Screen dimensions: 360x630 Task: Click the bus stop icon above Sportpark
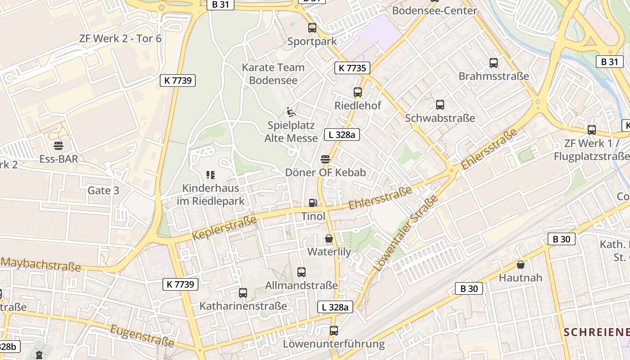(x=312, y=28)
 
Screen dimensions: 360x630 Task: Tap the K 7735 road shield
(x=352, y=68)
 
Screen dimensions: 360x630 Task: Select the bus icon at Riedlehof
(x=358, y=92)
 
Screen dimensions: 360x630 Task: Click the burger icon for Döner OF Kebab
(x=325, y=159)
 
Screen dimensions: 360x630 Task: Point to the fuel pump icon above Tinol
(x=313, y=203)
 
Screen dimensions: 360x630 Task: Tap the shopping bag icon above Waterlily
(x=329, y=238)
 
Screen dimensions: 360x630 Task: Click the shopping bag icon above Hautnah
(x=521, y=265)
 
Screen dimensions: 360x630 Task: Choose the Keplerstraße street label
(x=224, y=227)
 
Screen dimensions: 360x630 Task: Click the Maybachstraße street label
(x=41, y=264)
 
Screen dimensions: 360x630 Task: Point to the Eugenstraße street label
(x=142, y=335)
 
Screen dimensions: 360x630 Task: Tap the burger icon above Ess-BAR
(x=58, y=146)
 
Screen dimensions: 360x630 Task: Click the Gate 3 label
(x=103, y=190)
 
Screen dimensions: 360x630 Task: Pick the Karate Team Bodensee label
(x=273, y=74)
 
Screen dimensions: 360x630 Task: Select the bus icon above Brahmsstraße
(x=494, y=63)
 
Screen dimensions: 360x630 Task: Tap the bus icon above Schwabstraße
(x=440, y=105)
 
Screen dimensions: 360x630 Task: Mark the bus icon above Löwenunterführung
(x=334, y=331)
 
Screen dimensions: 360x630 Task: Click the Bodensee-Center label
(x=434, y=10)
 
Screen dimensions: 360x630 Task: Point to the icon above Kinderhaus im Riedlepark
(x=210, y=175)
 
